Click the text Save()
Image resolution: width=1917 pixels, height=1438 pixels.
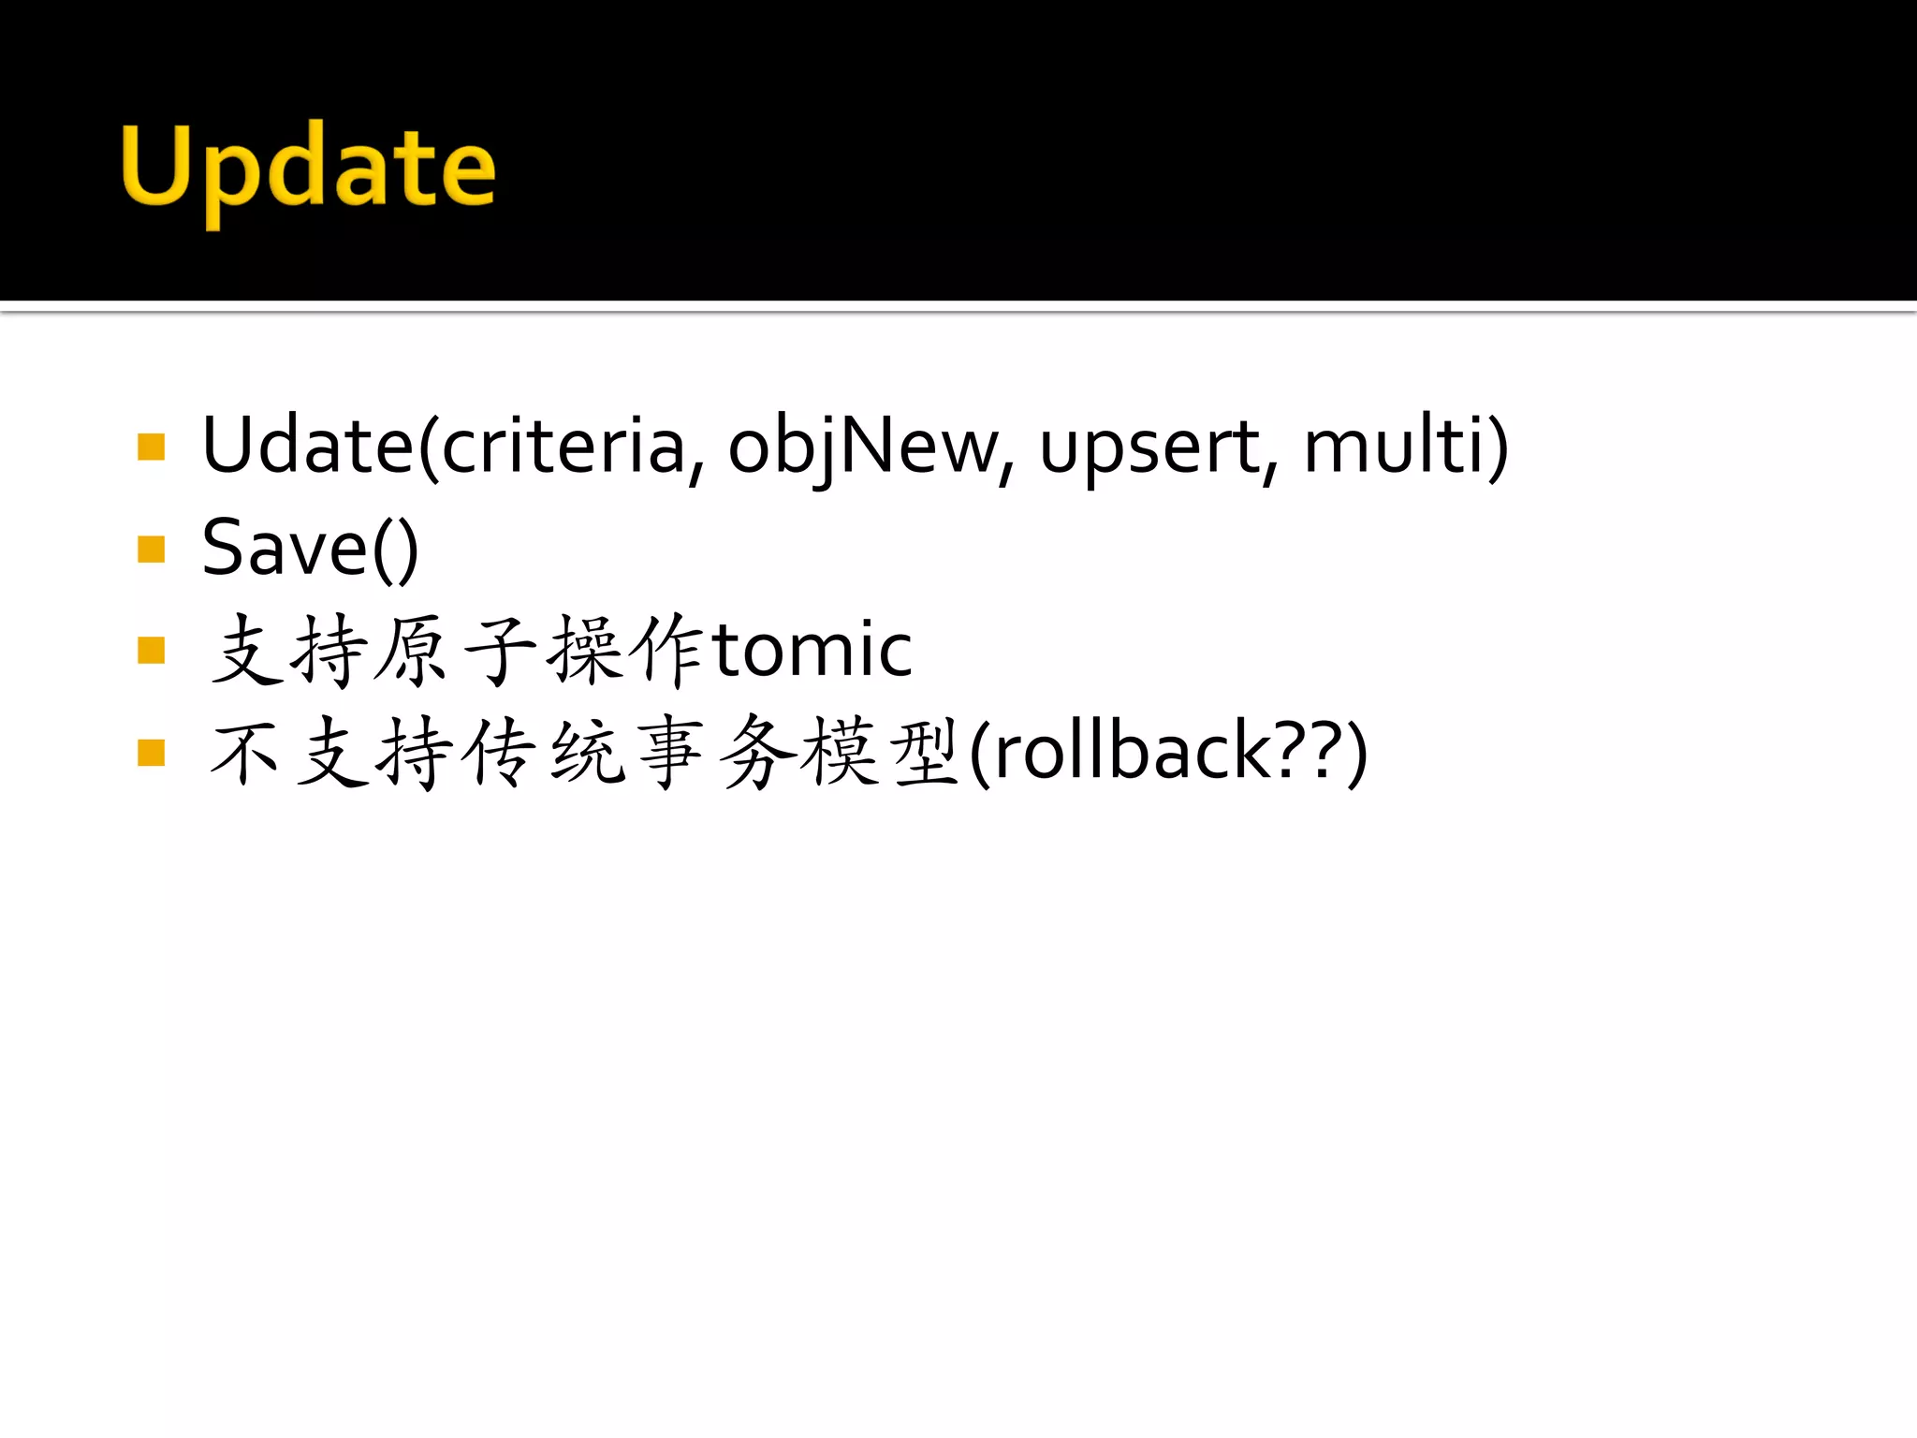310,549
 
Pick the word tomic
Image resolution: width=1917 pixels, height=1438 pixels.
812,649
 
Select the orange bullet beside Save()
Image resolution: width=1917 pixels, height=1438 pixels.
151,549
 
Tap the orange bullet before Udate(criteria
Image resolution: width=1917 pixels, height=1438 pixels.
151,447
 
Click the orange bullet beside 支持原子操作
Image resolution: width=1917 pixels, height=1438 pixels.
151,650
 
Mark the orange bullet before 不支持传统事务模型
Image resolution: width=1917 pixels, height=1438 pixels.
151,752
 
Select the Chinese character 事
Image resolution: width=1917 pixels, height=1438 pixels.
669,752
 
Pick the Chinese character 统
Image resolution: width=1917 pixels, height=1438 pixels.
587,752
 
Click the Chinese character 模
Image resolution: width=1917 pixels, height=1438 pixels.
840,752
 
